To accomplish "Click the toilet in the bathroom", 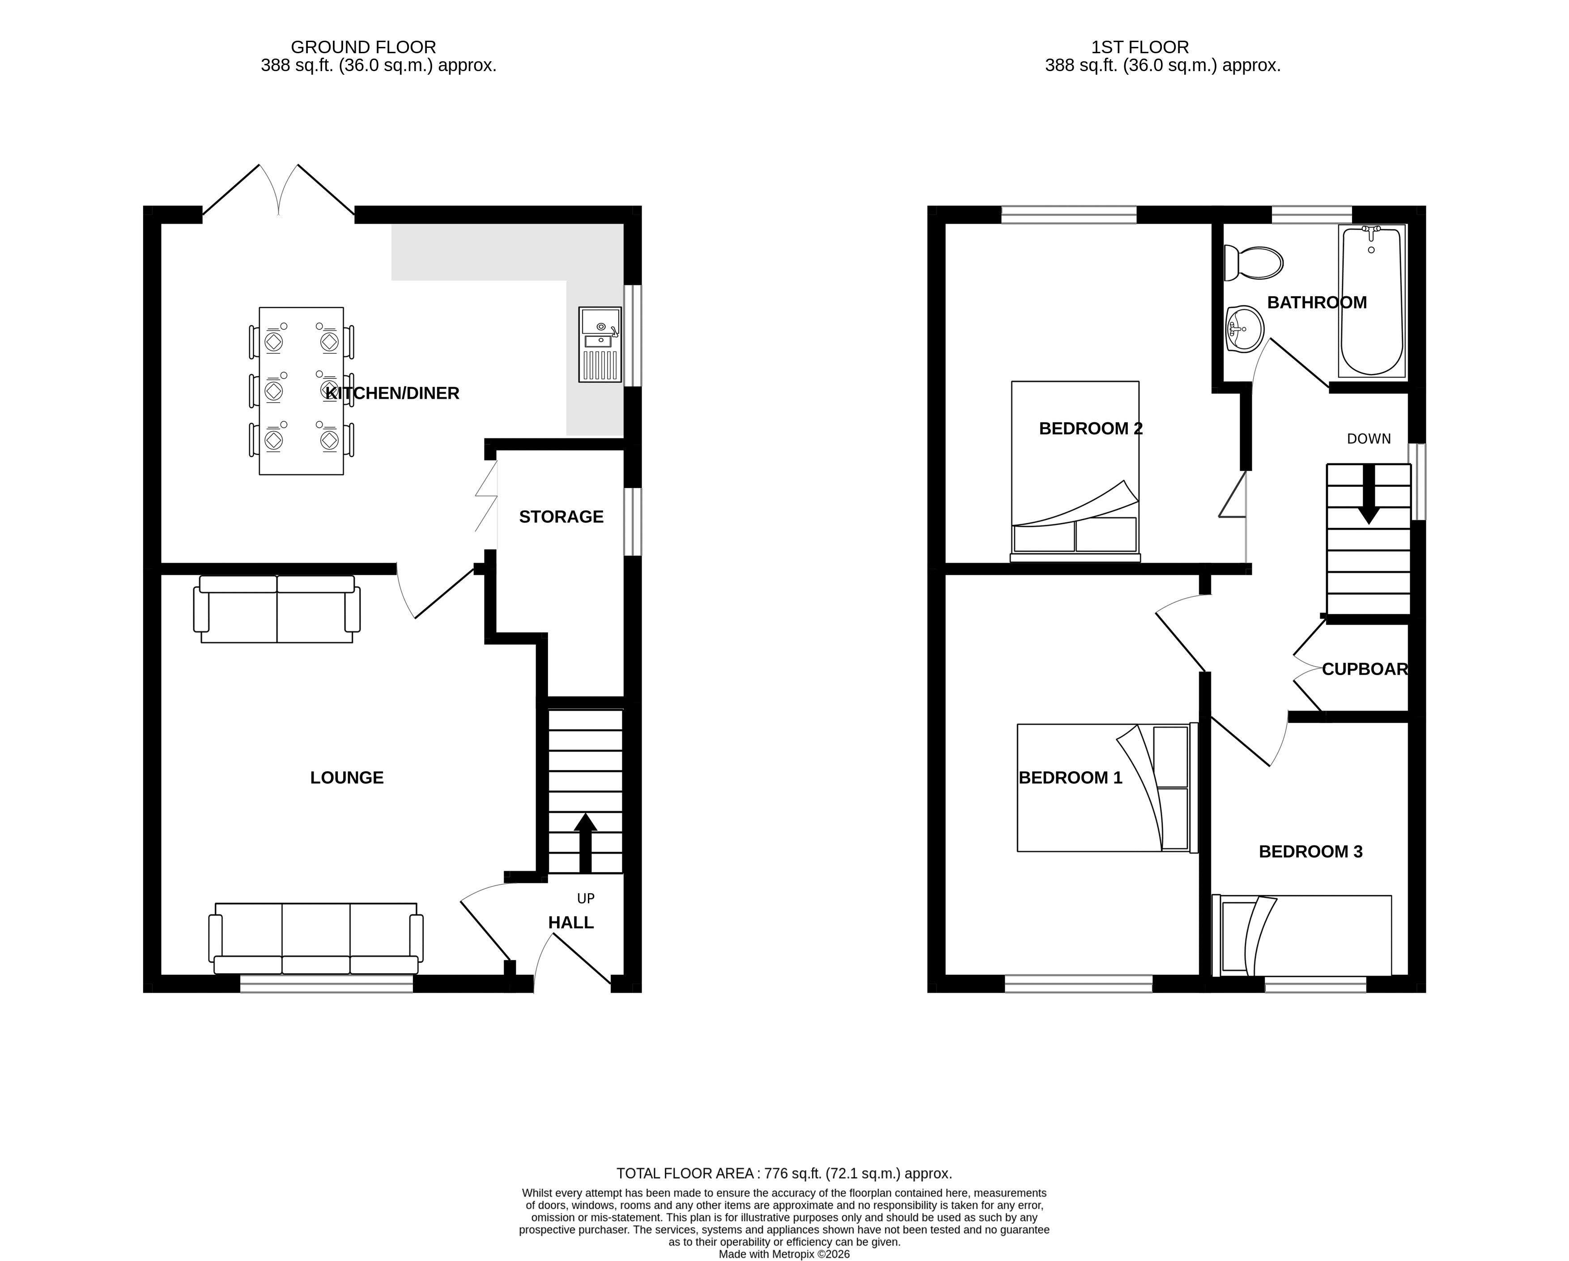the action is pos(1253,263).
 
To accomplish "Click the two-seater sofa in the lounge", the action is pos(276,609).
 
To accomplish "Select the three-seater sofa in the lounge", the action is pos(316,938).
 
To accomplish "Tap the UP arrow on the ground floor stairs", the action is pos(585,843).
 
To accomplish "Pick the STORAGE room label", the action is pos(561,517).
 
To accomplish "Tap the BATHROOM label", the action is pos(1317,303).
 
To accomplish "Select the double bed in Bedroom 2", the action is pos(1075,471).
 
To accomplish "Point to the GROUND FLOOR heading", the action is pos(363,47).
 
